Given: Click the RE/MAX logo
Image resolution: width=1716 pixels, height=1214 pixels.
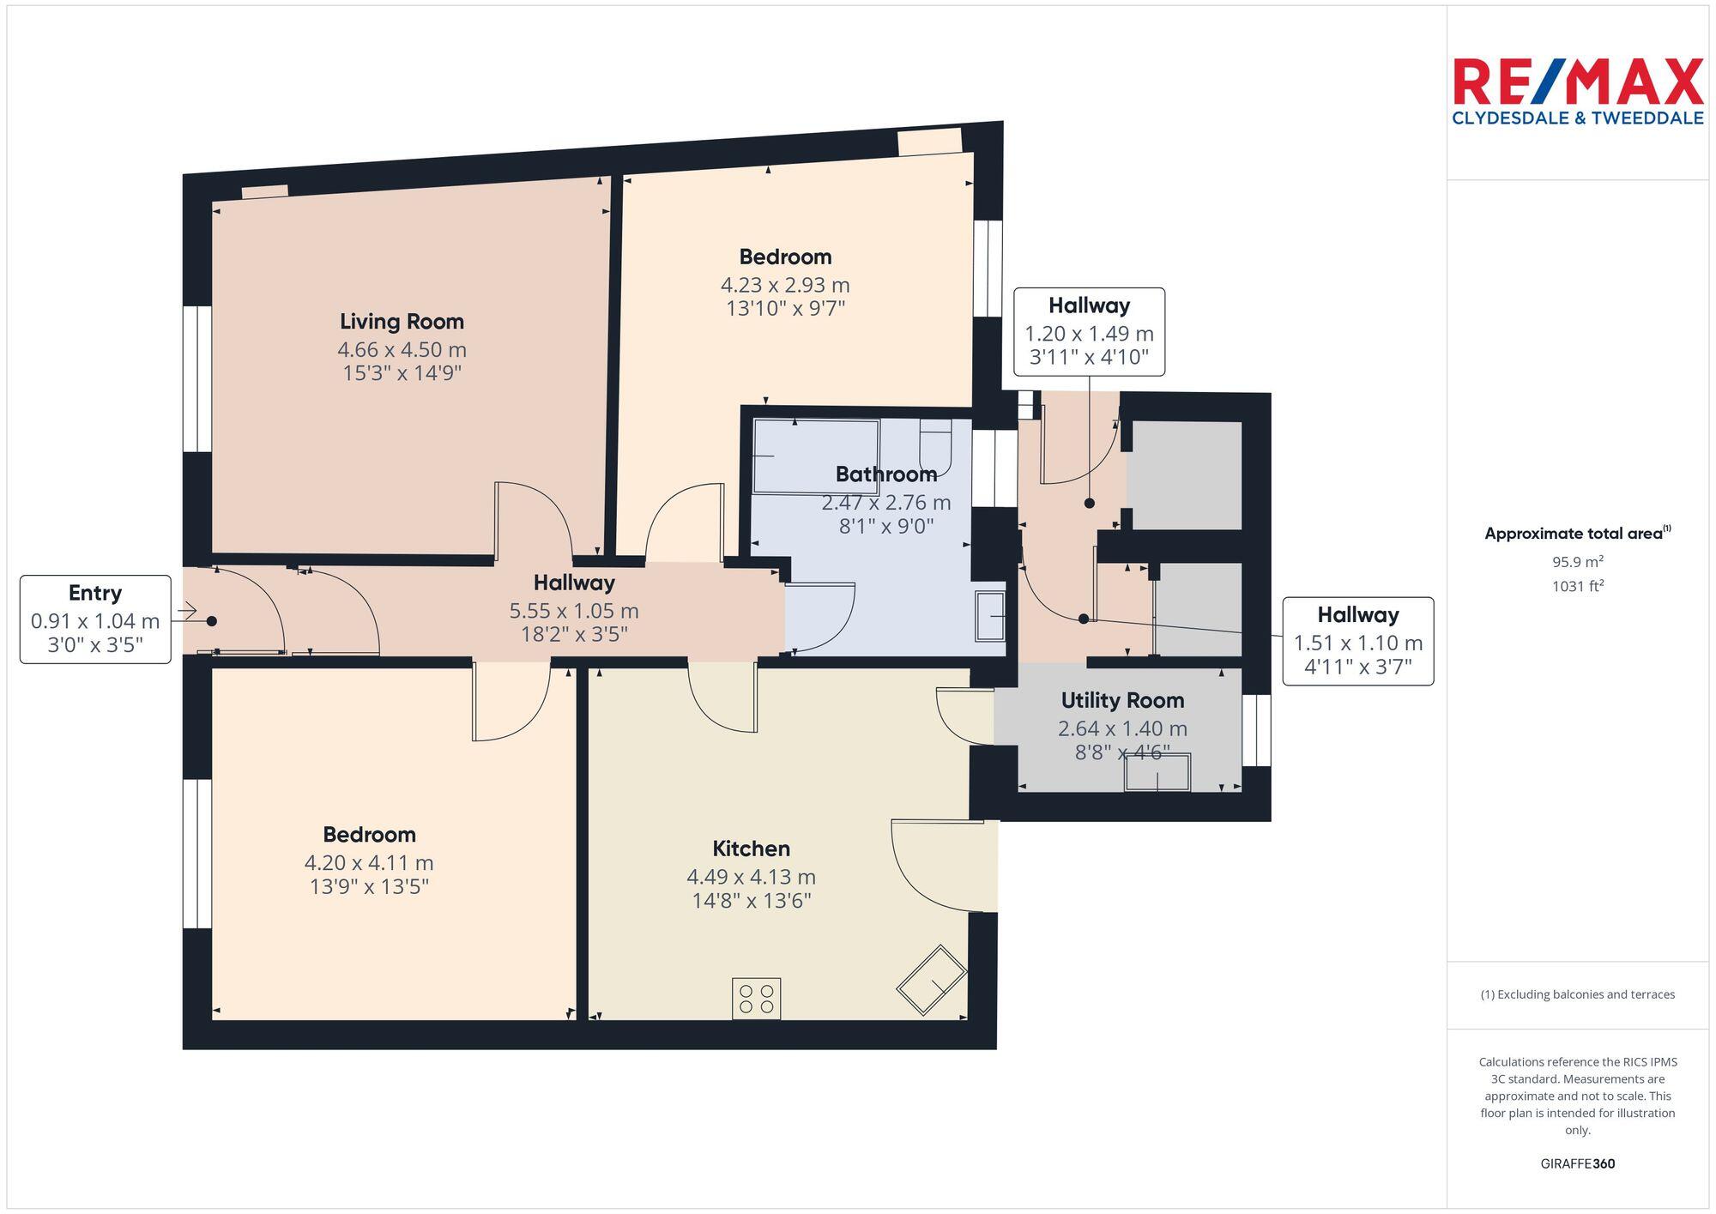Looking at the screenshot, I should click(1577, 91).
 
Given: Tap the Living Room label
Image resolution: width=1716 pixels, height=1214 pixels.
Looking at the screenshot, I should click(402, 322).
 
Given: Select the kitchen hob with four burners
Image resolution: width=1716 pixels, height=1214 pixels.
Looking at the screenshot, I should click(756, 999).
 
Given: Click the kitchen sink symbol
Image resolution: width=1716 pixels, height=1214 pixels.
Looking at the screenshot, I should click(931, 980).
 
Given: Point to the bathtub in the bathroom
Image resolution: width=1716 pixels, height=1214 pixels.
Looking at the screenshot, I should click(815, 456).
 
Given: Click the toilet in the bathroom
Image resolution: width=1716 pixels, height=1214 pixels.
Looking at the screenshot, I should click(935, 446).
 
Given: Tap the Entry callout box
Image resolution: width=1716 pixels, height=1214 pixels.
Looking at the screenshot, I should click(95, 619).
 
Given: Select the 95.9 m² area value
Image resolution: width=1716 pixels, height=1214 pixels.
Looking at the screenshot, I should click(1577, 563).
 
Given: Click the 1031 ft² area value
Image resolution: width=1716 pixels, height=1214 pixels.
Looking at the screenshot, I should click(1577, 587).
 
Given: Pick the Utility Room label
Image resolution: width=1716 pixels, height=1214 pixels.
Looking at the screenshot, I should click(1122, 700).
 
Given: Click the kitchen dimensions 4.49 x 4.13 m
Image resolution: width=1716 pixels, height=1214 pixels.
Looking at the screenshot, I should click(751, 877).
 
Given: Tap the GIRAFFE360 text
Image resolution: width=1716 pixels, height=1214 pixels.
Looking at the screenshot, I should click(1577, 1164).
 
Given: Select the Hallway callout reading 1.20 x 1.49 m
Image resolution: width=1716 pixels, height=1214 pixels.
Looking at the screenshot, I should click(1089, 332).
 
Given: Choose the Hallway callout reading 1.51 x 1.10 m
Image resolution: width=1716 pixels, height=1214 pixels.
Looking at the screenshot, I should click(1357, 641).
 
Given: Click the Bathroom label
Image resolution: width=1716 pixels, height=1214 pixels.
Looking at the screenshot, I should click(885, 474).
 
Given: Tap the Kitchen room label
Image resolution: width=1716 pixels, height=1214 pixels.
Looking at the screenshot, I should click(751, 849).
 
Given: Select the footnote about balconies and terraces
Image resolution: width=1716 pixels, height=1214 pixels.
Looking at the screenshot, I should click(1577, 995).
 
